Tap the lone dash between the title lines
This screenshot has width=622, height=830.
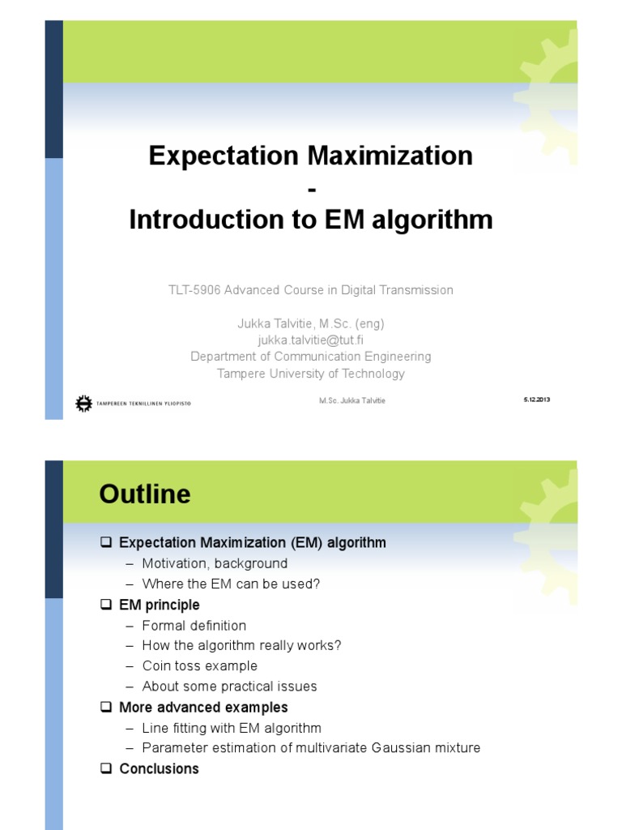(310, 188)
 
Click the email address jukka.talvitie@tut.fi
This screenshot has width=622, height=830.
(310, 340)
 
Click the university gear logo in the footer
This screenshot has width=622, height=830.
(83, 403)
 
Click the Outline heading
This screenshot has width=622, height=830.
(145, 494)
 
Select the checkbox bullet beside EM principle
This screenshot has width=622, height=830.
(105, 605)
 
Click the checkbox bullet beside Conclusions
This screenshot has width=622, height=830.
(105, 768)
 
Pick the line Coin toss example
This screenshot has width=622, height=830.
(199, 665)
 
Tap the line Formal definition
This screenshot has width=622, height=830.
(194, 625)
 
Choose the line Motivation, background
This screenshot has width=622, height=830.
(215, 563)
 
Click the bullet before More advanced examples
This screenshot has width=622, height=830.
(105, 707)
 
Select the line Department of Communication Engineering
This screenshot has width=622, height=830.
(310, 356)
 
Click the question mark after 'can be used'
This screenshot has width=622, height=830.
(317, 584)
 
